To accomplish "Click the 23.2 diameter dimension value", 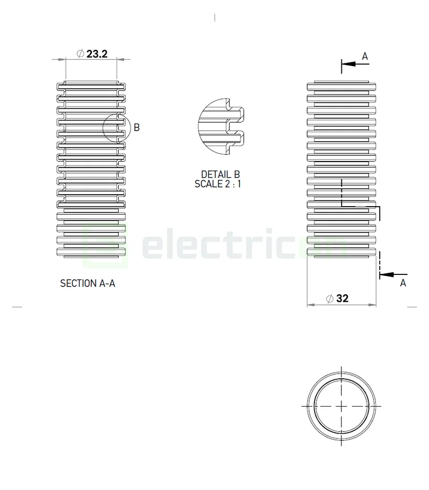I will click(x=97, y=54).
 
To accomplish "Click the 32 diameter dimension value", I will click(x=342, y=299).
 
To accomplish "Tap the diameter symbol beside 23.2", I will click(x=80, y=54).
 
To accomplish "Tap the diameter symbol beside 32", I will click(x=330, y=299).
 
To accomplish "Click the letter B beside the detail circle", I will click(x=137, y=127).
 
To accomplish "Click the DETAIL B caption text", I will click(x=220, y=174).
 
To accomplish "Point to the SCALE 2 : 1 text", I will click(x=218, y=184).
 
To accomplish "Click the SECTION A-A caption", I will click(x=88, y=283).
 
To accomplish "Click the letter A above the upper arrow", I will click(x=365, y=56).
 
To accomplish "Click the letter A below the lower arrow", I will click(x=403, y=283).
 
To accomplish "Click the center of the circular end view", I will click(x=341, y=406).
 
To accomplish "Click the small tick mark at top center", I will click(x=215, y=18).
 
